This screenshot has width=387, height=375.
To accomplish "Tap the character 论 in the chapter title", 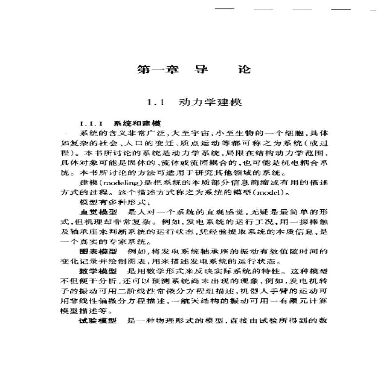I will (244, 69).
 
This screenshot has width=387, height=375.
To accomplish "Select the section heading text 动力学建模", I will (210, 102).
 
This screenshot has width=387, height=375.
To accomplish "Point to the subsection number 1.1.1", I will (91, 123).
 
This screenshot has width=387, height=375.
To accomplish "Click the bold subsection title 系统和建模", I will (137, 123).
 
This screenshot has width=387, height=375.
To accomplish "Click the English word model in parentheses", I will (274, 194).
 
